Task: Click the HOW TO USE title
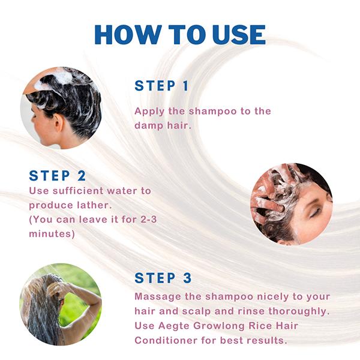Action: coord(180,34)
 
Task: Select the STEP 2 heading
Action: coord(58,176)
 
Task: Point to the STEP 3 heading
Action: coord(163,278)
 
